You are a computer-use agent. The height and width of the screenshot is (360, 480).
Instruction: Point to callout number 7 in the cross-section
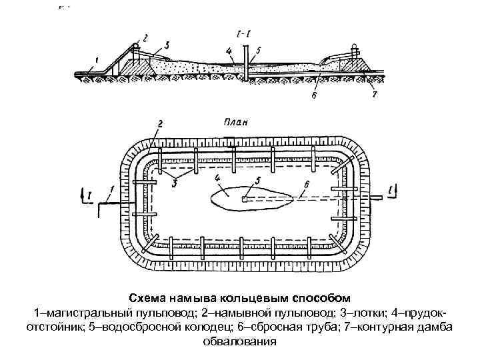375,95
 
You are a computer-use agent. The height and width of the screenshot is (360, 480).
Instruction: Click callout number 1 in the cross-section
97,59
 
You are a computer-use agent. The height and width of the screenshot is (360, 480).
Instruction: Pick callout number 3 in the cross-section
166,45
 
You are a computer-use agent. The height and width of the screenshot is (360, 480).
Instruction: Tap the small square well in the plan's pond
245,199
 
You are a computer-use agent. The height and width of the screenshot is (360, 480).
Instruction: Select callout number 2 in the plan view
160,124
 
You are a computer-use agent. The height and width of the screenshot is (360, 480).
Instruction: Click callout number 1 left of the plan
113,190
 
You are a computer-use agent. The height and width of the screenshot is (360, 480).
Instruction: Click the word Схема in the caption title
146,297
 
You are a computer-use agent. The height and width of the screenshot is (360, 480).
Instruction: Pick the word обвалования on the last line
239,342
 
